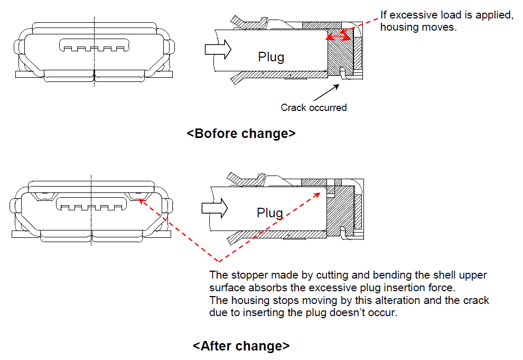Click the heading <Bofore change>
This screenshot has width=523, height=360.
pos(241,133)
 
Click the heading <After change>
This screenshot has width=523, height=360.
pos(241,346)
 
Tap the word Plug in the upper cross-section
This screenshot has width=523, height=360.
pos(271,58)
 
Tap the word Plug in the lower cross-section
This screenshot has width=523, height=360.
pos(270,213)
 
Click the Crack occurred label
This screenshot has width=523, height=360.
pos(314,108)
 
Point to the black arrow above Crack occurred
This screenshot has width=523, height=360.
pos(326,93)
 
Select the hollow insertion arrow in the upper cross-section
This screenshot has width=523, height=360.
pos(218,50)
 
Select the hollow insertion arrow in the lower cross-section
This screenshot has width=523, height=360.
pos(215,208)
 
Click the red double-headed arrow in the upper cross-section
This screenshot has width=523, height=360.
pos(339,35)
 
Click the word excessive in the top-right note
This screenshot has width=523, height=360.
pos(414,15)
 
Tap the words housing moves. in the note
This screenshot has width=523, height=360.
pos(418,27)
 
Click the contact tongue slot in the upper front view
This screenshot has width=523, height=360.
pos(95,45)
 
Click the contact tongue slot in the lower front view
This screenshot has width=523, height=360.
pos(91,204)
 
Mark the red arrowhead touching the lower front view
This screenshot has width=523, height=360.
pos(142,201)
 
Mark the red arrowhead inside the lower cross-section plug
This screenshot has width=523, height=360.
pos(316,195)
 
